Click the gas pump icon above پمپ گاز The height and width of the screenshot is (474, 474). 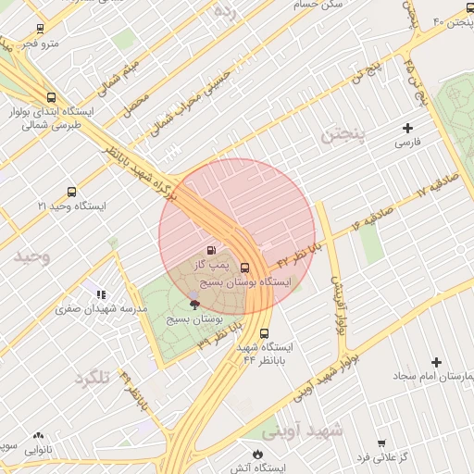(x=213, y=250)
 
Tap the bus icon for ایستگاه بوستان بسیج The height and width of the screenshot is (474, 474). (x=244, y=268)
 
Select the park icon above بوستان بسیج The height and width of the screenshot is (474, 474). (x=194, y=303)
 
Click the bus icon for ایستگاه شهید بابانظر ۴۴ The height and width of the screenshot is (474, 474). (x=266, y=334)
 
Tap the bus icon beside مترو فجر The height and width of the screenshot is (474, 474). (x=39, y=30)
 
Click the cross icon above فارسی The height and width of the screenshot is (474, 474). (x=408, y=128)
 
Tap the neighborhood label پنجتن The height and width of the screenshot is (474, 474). (x=344, y=136)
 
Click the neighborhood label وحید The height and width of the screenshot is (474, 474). (x=31, y=256)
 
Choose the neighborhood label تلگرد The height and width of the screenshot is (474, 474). (x=93, y=378)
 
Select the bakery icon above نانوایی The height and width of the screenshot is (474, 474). (x=38, y=435)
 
